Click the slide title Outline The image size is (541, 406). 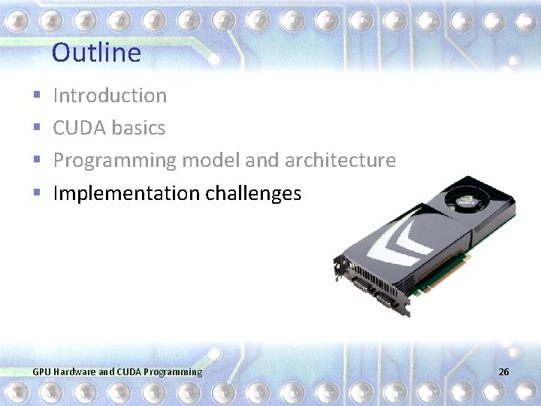tap(96, 53)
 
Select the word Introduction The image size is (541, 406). tap(110, 95)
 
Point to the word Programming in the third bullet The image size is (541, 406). tap(114, 161)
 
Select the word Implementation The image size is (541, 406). tap(126, 193)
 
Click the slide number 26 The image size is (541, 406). tap(503, 371)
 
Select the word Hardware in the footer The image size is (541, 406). tap(74, 371)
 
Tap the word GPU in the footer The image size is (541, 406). tap(42, 371)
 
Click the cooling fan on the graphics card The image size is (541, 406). tap(465, 197)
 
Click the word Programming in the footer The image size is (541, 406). tap(173, 371)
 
